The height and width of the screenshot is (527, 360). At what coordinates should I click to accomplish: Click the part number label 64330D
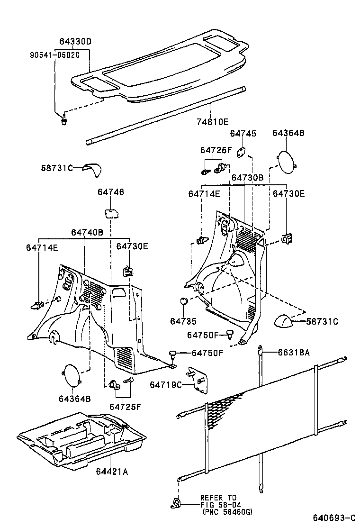(75, 42)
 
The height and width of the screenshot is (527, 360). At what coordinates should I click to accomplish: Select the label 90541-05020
(54, 55)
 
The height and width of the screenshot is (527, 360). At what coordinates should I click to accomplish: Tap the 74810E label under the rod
(212, 122)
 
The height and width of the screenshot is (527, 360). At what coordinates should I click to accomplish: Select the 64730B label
(247, 177)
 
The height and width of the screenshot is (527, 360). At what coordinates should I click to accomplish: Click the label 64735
(183, 321)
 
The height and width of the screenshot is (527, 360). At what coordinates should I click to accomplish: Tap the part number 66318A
(294, 352)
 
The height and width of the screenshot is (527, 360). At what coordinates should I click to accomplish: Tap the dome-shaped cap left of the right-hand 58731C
(285, 322)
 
